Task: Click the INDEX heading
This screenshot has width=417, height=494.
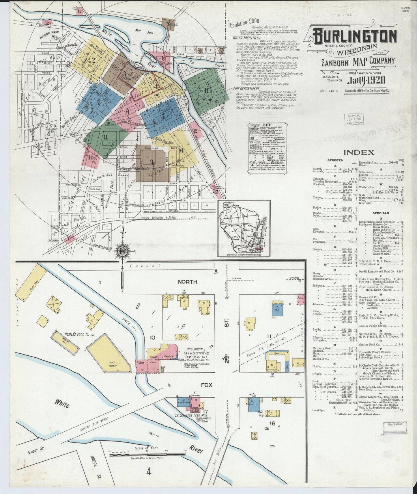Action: click(x=359, y=152)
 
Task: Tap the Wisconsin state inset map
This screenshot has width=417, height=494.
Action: click(x=244, y=228)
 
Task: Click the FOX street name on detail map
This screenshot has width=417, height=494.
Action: click(x=207, y=385)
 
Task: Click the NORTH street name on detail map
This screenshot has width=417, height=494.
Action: click(x=187, y=281)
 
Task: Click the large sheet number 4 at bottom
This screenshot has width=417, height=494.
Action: click(x=149, y=472)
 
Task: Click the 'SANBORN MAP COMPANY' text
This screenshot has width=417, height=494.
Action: click(x=358, y=61)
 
